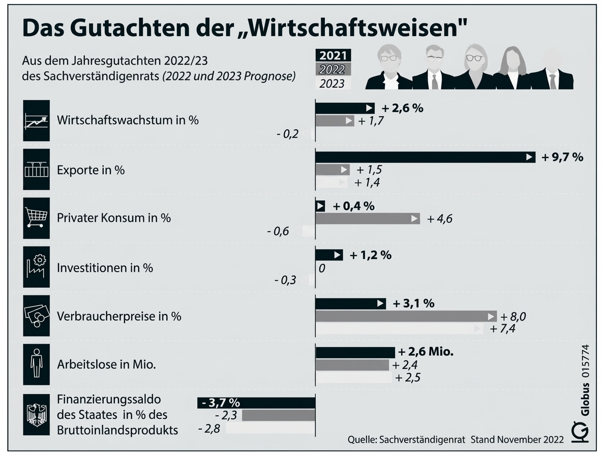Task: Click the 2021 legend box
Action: pos(333,55)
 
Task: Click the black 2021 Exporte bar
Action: pos(425,157)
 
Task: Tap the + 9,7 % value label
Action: pos(562,157)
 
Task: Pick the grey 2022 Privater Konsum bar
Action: pos(368,219)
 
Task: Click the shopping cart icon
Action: pos(37,218)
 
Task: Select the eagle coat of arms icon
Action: pos(37,415)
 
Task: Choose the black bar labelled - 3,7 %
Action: pos(256,403)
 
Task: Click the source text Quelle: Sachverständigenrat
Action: pos(407,439)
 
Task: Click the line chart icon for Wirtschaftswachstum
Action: pos(37,121)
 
